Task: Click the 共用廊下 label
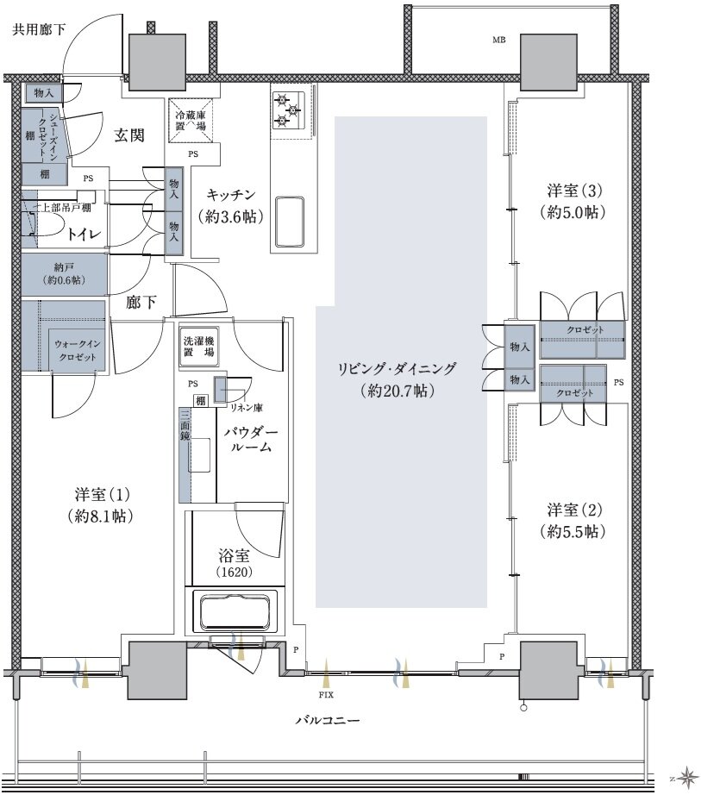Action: [x=39, y=30]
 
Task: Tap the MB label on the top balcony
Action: [x=499, y=41]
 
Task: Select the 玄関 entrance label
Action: [x=129, y=135]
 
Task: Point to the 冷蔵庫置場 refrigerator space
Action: [x=191, y=121]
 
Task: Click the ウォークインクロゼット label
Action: [x=78, y=351]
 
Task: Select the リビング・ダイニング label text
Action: [x=397, y=369]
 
